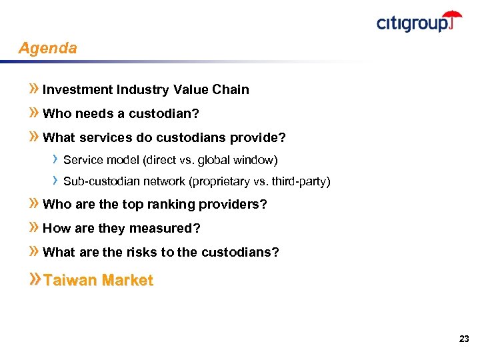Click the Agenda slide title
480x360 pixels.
click(47, 49)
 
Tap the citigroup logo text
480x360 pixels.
click(411, 24)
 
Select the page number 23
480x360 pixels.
click(464, 339)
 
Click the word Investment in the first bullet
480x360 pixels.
click(77, 89)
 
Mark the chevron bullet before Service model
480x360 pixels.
click(55, 160)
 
